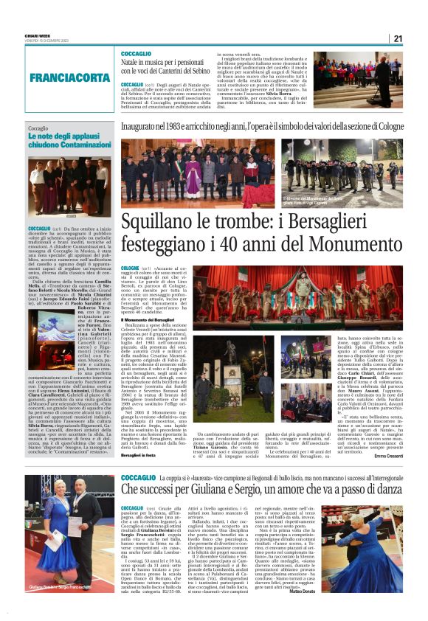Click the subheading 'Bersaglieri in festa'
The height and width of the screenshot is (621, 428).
point(140,453)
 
